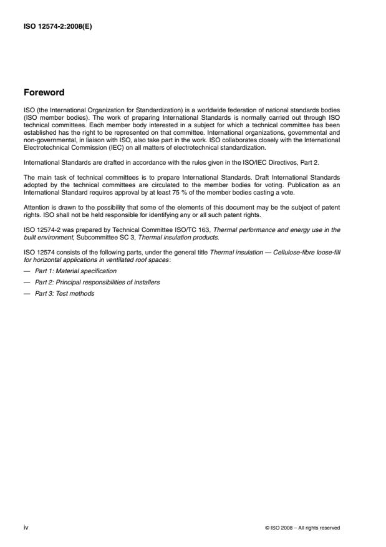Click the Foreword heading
click(x=43, y=92)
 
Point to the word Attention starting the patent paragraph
click(x=35, y=206)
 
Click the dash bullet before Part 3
click(x=26, y=293)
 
